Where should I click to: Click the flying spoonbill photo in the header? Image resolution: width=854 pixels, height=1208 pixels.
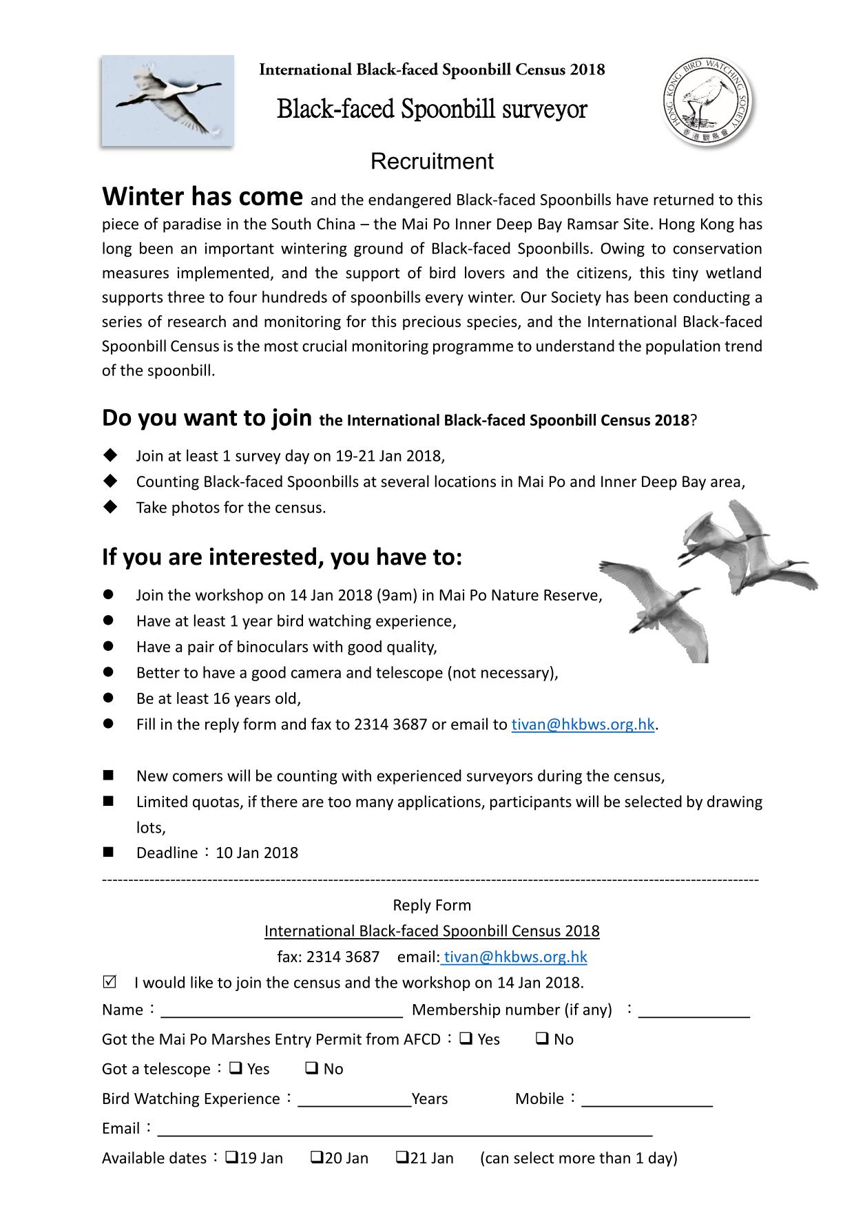coord(167,101)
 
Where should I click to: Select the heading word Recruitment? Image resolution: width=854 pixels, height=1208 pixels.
coord(432,161)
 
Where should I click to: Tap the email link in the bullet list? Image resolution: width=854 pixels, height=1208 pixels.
coord(583,725)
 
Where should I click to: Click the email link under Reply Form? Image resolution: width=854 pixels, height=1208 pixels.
coord(515,957)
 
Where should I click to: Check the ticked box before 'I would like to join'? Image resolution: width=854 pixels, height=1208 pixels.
coord(109,981)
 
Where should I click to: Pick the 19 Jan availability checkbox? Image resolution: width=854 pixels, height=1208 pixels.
coord(231,1157)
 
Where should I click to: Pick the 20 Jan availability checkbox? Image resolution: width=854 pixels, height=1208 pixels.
coord(317,1157)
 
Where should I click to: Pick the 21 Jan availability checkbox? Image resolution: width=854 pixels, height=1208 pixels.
coord(402,1157)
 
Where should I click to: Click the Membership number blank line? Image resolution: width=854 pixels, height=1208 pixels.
coord(694,1011)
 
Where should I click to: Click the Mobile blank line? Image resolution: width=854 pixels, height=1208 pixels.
coord(647,1100)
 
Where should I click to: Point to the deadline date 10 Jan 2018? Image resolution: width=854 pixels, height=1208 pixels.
coord(257,853)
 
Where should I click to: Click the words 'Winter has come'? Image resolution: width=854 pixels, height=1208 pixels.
coord(202,197)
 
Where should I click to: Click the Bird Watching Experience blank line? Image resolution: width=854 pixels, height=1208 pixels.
coord(354,1100)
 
